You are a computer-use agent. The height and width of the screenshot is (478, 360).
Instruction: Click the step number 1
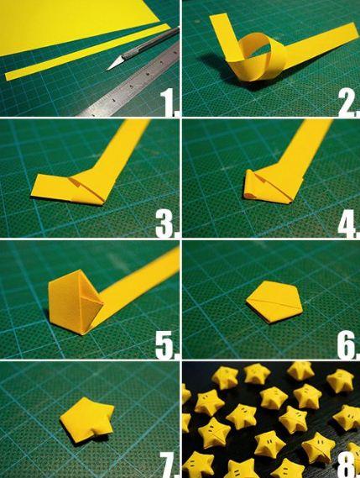[169, 102]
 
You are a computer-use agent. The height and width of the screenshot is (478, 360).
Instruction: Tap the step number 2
[349, 103]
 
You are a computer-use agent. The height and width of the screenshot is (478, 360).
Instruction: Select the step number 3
[167, 224]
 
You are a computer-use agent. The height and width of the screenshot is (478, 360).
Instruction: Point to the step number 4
[349, 224]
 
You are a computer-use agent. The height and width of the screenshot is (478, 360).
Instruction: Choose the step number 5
[167, 344]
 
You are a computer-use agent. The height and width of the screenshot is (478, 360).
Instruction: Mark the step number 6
[347, 344]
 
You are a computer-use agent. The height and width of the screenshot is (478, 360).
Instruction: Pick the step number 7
[169, 465]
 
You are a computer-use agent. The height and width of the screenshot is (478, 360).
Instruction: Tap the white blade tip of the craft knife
[107, 70]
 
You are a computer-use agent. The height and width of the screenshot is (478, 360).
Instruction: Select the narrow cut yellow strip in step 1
[88, 52]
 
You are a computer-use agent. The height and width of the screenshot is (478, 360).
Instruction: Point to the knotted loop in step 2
[262, 58]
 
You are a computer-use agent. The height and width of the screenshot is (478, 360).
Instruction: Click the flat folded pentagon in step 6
[275, 302]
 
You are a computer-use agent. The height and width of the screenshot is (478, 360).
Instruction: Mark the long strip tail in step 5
[137, 290]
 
